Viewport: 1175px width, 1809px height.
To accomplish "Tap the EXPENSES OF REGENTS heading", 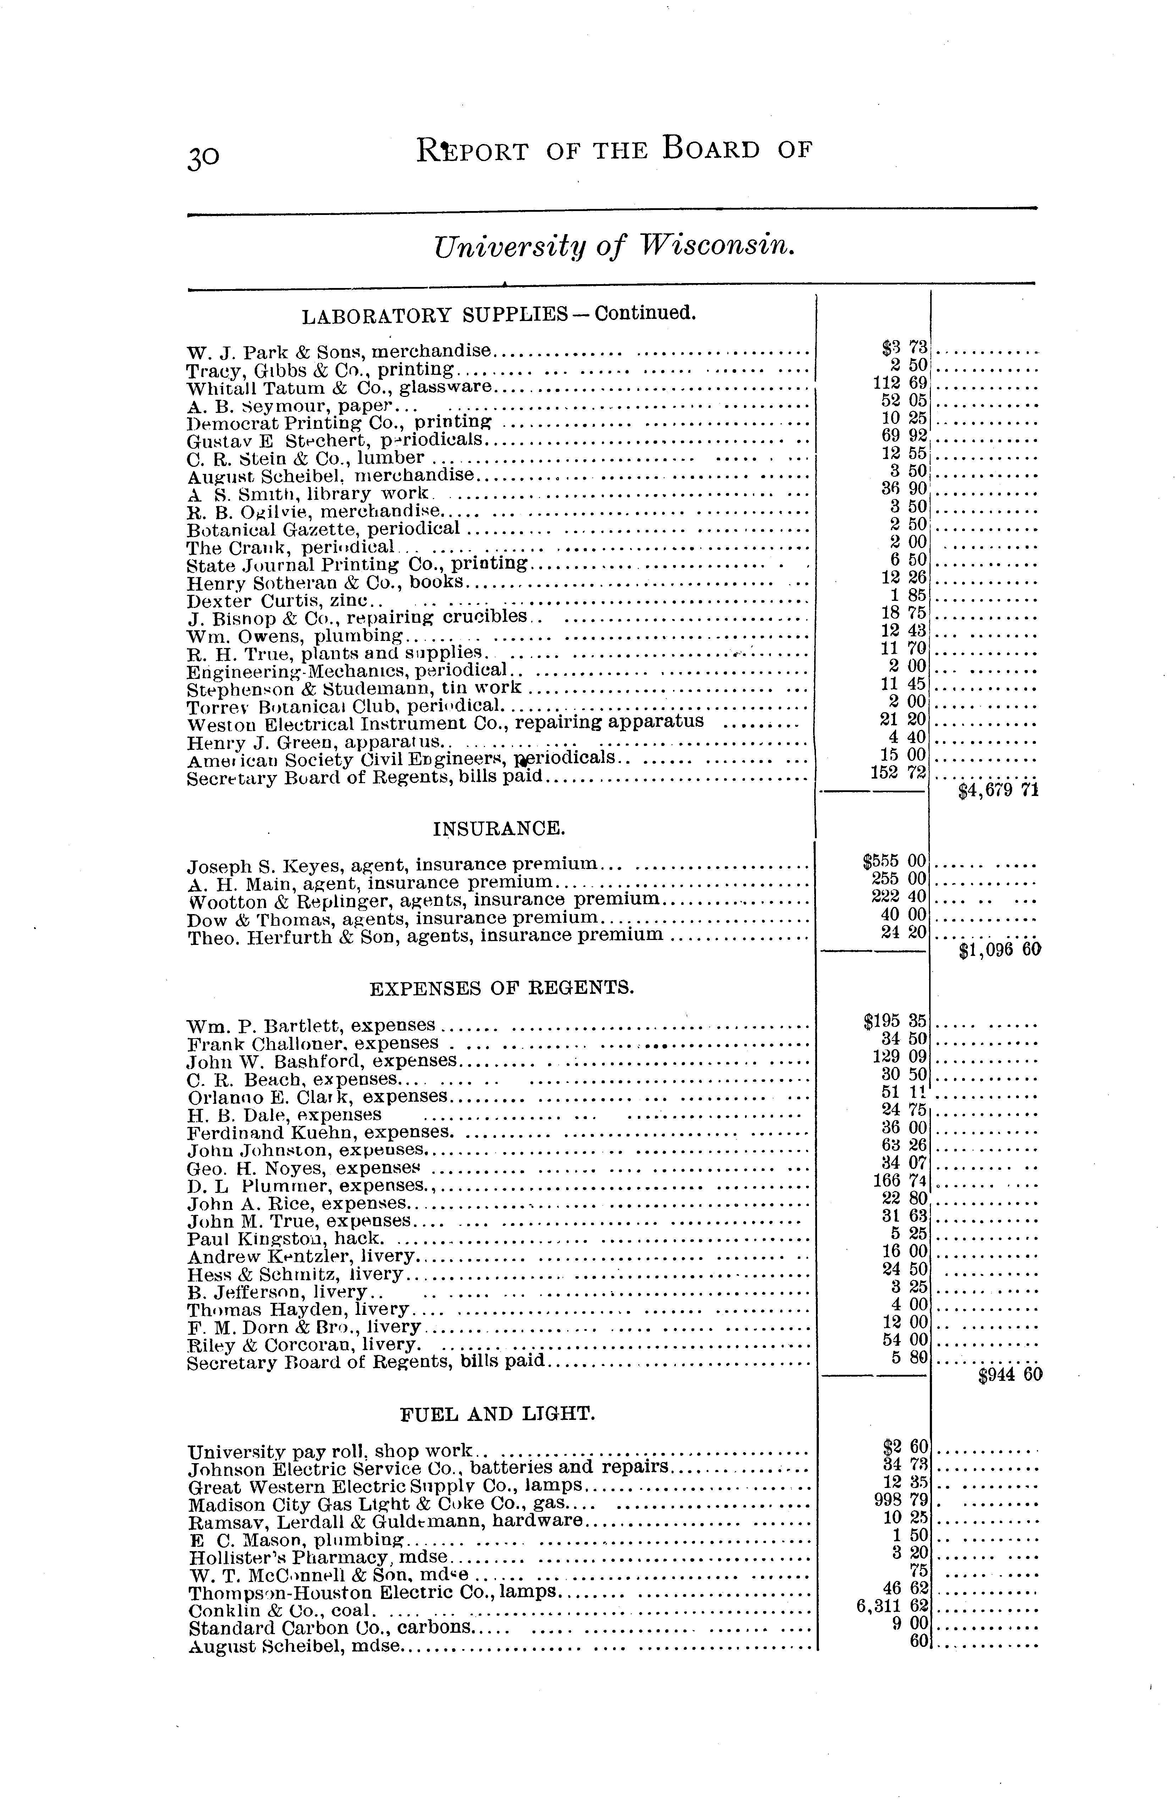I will click(x=501, y=988).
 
